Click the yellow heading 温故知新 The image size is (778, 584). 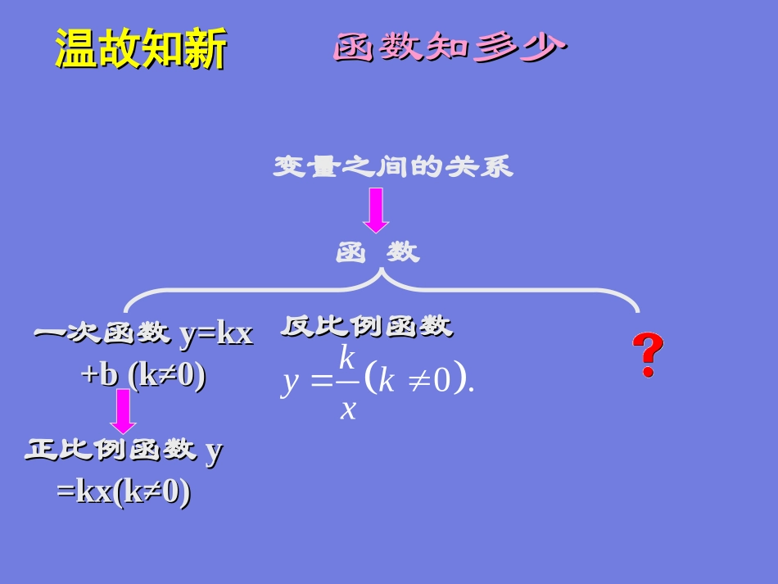[x=141, y=49]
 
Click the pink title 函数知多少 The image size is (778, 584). [x=450, y=48]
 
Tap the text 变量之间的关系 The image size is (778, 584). [x=393, y=167]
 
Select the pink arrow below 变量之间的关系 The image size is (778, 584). [x=376, y=211]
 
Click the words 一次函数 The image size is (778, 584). [x=101, y=334]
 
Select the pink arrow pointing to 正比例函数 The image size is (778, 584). [x=124, y=411]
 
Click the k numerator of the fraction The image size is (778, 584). [x=346, y=358]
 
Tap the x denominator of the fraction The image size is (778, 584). [x=348, y=407]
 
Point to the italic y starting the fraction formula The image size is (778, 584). [x=288, y=383]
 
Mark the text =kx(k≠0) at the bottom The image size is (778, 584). [x=124, y=492]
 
